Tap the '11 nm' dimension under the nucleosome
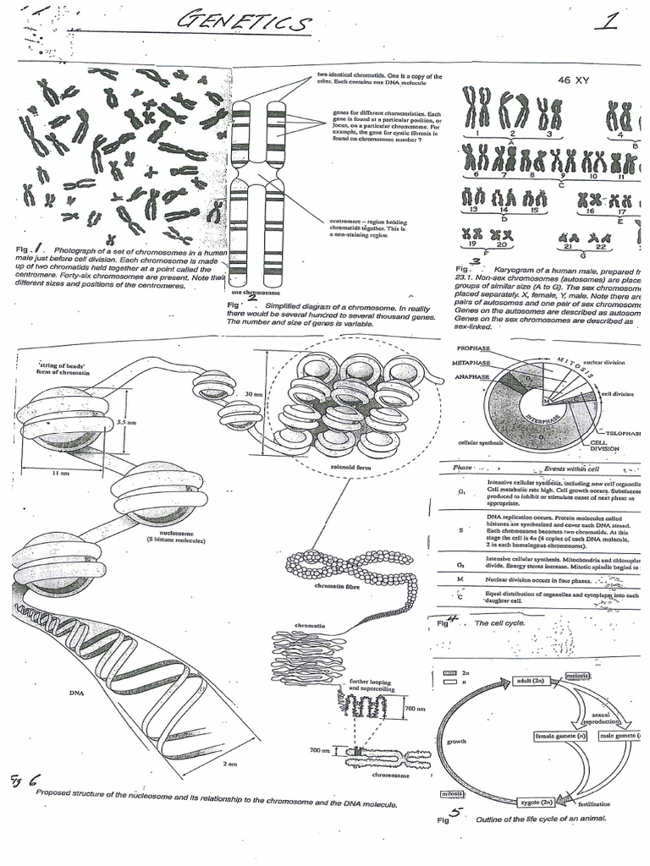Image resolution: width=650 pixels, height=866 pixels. click(60, 474)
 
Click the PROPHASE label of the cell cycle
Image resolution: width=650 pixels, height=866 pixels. click(475, 348)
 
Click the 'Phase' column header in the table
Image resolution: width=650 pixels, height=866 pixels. click(462, 468)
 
